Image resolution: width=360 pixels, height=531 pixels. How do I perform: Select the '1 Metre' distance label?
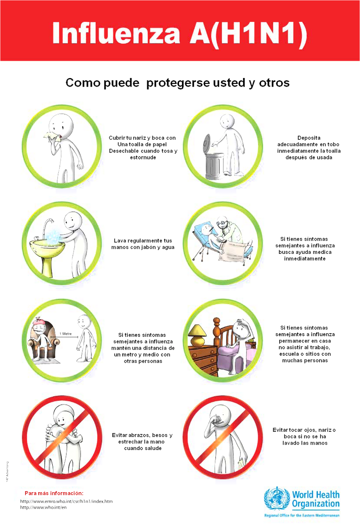tap(66, 334)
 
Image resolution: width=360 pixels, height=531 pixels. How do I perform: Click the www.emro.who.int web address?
tap(66, 501)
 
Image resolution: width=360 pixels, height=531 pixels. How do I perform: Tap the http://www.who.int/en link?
tap(44, 507)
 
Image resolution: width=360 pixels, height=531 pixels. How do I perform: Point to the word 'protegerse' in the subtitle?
tap(178, 83)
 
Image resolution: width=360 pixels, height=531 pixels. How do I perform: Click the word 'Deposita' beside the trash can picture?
tap(309, 138)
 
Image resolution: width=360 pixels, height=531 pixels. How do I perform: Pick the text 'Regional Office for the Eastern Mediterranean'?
tap(302, 515)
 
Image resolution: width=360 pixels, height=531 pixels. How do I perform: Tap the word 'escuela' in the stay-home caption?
tap(289, 354)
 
